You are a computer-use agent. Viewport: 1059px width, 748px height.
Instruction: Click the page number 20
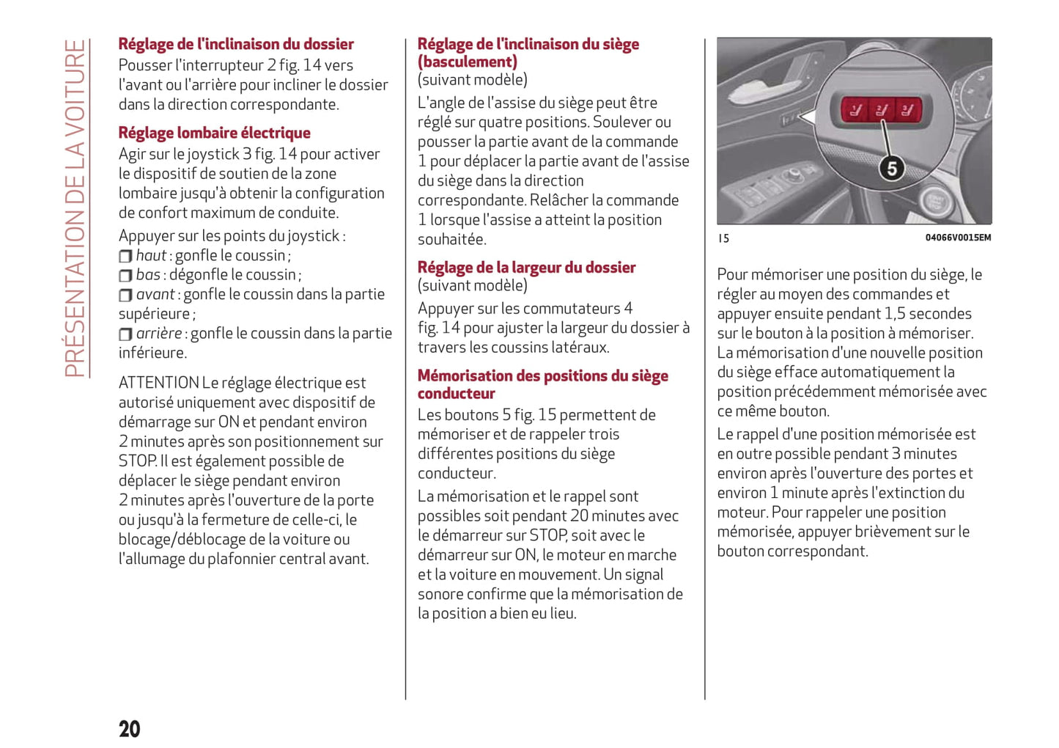pos(130,728)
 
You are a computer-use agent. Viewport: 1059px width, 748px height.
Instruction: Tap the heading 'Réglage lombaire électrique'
pos(214,133)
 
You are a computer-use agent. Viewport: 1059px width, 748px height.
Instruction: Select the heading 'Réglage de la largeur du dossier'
pos(526,268)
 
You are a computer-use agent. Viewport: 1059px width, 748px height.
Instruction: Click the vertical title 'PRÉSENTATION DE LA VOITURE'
pos(75,208)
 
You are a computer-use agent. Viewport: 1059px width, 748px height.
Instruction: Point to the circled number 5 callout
pos(891,169)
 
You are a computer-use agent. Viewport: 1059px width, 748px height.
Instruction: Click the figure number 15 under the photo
pos(723,238)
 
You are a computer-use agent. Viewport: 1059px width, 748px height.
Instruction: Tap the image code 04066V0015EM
pos(957,238)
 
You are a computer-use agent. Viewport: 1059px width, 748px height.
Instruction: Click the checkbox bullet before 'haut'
pos(125,256)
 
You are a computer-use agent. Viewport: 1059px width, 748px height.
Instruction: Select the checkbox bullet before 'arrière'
pos(125,334)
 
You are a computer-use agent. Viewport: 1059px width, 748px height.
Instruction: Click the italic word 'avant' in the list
pos(155,294)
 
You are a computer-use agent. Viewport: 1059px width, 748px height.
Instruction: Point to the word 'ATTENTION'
pos(158,383)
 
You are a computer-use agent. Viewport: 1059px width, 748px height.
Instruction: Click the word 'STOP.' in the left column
pos(138,461)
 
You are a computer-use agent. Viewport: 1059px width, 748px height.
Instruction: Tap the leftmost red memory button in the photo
pos(855,111)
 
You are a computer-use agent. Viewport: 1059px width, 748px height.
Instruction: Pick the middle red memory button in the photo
pos(881,111)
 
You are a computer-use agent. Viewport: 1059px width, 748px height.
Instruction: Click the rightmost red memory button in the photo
pos(907,111)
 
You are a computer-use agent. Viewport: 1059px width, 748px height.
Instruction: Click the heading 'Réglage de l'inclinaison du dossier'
pos(236,44)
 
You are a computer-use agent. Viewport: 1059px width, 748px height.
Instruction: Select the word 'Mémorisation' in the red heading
pos(465,376)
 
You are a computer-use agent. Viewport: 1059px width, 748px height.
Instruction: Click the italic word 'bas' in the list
pos(148,275)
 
